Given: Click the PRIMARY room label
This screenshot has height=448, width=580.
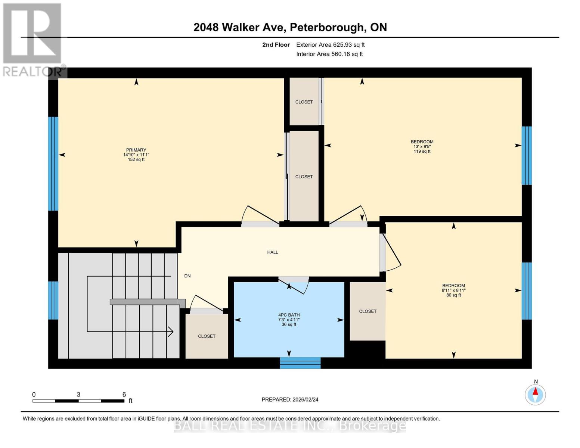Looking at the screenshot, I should (136, 150).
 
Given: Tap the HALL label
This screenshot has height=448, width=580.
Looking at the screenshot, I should (273, 252).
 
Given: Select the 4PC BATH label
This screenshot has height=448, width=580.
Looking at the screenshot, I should (289, 315).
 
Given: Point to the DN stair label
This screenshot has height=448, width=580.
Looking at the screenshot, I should (187, 276).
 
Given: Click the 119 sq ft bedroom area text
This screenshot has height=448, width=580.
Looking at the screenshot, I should (422, 152).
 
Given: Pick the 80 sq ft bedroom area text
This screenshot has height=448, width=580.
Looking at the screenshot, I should (454, 295).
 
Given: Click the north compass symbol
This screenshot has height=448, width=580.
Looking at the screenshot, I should (535, 394).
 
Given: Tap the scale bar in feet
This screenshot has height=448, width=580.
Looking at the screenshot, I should (78, 401).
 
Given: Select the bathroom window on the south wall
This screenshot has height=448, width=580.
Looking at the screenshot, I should (300, 363).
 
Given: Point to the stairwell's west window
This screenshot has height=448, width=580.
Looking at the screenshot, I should (53, 300).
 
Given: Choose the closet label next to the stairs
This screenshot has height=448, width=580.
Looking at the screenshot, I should (207, 336).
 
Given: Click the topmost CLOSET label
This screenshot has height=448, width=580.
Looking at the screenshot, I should (304, 102).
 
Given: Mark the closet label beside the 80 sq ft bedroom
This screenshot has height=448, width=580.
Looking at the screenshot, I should (367, 311).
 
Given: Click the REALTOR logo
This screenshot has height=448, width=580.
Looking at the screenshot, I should (32, 40).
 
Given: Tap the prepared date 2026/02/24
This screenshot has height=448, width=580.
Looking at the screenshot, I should (290, 399).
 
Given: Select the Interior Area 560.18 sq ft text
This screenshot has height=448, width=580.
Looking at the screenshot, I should (329, 54).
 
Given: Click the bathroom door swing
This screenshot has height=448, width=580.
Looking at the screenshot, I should (297, 286).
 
